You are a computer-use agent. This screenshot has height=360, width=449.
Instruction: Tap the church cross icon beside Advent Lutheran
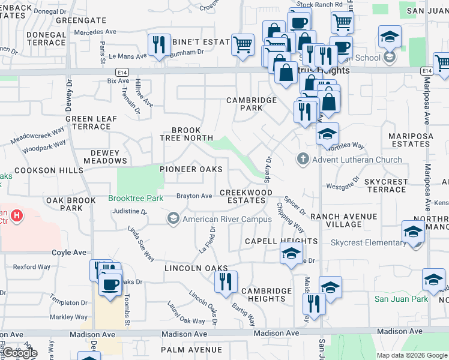[x=303, y=160]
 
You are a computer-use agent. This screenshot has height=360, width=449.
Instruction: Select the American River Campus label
[x=227, y=219]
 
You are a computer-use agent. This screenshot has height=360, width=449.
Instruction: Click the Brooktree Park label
[x=136, y=197]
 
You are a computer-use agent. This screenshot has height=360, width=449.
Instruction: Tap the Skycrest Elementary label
[x=369, y=242]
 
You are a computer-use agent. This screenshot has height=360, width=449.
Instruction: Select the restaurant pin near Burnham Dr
[x=159, y=45]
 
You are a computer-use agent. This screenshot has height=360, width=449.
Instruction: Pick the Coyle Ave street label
[x=66, y=253]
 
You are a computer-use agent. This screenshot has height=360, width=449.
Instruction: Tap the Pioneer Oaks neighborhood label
[x=191, y=169]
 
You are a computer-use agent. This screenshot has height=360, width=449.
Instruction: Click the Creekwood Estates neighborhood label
[x=246, y=196]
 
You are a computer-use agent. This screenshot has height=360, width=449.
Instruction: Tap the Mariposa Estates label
[x=419, y=140]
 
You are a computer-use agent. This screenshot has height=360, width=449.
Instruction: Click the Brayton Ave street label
[x=194, y=196]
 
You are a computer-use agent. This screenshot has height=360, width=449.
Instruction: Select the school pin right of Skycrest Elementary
[x=414, y=233]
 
